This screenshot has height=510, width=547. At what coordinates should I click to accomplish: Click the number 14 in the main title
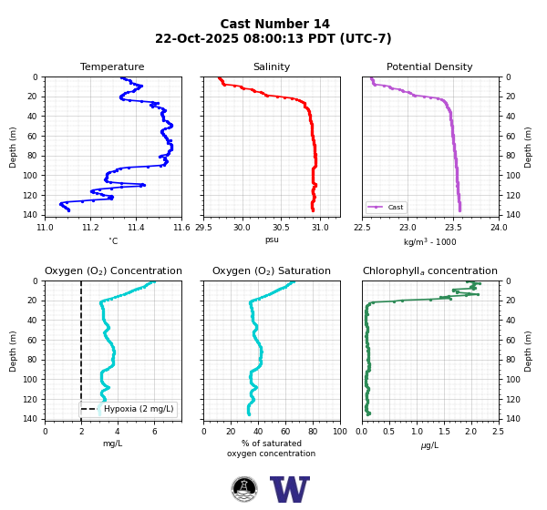[x=321, y=24]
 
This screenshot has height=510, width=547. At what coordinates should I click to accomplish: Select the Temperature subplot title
[x=112, y=66]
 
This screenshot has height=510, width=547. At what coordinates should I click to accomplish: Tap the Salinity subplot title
[x=272, y=66]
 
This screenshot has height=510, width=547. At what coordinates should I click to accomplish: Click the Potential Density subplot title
[x=429, y=66]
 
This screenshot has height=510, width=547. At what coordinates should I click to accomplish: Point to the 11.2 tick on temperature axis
[x=90, y=228]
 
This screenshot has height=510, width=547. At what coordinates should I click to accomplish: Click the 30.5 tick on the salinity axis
[x=281, y=228]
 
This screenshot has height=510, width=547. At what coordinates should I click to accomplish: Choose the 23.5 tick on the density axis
[x=453, y=228]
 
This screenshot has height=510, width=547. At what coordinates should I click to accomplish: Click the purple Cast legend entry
[x=386, y=207]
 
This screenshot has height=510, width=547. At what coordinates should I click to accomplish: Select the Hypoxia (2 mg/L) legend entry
[x=128, y=409]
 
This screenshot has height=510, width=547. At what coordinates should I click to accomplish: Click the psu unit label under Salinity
[x=272, y=240]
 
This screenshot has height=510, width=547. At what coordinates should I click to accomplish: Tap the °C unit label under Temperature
[x=113, y=241]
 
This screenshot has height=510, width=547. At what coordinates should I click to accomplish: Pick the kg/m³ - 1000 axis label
[x=429, y=241]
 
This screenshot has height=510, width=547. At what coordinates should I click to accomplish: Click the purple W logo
[x=290, y=489]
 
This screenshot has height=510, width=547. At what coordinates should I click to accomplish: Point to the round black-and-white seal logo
[x=244, y=489]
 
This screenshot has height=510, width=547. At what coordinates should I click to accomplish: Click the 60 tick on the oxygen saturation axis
[x=285, y=432]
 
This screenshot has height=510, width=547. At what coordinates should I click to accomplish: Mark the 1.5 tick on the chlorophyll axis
[x=444, y=432]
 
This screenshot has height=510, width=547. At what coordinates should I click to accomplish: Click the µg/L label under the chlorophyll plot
[x=429, y=445]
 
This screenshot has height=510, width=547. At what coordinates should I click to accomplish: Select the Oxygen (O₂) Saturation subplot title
[x=272, y=270]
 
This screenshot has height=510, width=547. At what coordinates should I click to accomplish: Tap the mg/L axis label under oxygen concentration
[x=113, y=444]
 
